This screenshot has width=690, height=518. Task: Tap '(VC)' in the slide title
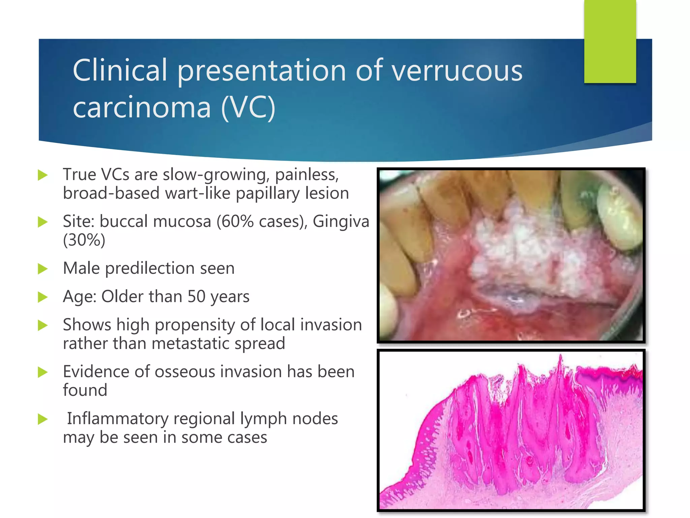click(248, 108)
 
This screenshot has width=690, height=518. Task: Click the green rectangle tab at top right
click(610, 41)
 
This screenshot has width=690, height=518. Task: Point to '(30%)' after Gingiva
click(84, 240)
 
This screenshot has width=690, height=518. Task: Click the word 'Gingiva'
click(341, 222)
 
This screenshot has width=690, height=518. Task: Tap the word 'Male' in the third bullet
click(81, 269)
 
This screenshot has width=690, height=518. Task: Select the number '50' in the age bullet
click(196, 297)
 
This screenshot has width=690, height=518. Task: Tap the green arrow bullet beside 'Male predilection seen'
click(42, 269)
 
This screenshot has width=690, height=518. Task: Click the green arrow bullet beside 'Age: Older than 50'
click(42, 297)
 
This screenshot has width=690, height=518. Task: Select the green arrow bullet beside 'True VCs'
click(42, 175)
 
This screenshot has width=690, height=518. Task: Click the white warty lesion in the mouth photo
click(526, 246)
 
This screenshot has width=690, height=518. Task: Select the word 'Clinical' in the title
click(120, 71)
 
